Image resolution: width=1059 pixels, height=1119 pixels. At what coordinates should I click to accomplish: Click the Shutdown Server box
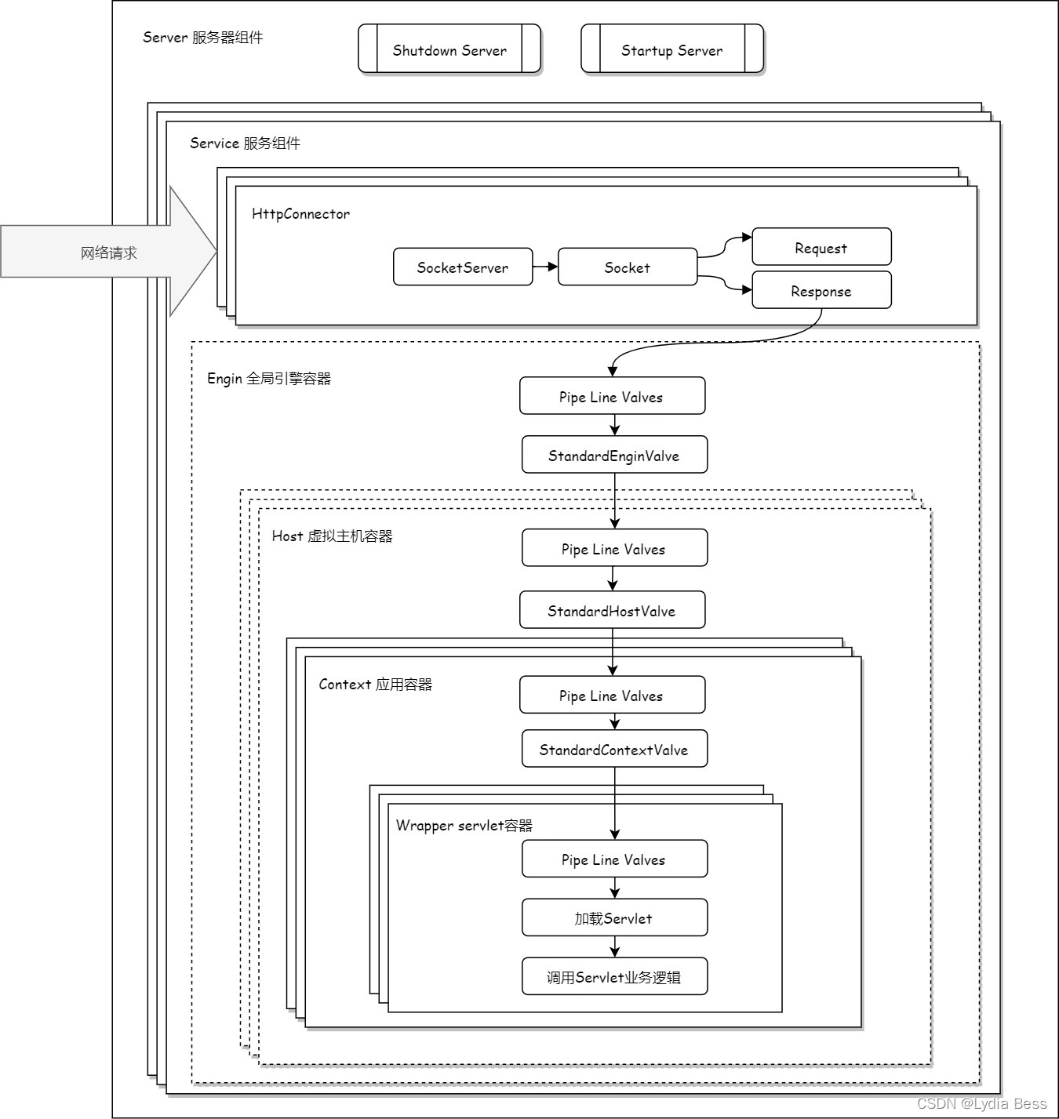click(x=449, y=49)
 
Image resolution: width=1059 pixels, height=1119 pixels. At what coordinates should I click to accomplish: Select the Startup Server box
click(x=672, y=49)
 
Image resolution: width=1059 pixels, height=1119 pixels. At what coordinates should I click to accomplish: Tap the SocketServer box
click(x=463, y=267)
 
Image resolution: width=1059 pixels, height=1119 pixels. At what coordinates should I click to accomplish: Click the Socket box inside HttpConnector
click(x=628, y=267)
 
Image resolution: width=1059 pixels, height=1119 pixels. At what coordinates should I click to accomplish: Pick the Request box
click(x=821, y=248)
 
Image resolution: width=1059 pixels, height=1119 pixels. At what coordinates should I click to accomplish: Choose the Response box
click(x=821, y=291)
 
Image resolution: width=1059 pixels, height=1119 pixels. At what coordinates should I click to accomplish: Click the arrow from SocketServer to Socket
click(x=545, y=267)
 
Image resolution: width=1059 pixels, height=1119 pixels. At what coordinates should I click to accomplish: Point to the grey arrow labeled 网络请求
click(x=108, y=253)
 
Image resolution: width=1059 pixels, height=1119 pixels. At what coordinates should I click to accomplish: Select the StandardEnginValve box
click(x=614, y=456)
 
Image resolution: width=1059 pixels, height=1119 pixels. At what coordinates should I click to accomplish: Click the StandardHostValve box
click(x=612, y=611)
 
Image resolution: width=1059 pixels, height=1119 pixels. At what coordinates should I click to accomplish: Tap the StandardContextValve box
click(x=614, y=750)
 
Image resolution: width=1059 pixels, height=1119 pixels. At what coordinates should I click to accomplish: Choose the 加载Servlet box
click(x=614, y=918)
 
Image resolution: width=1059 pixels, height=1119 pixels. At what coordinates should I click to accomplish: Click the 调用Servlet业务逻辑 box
click(x=614, y=977)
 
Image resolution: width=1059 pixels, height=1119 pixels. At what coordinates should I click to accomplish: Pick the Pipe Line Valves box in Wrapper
click(x=614, y=859)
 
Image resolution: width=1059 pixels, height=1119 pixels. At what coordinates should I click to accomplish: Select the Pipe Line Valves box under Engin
click(x=612, y=397)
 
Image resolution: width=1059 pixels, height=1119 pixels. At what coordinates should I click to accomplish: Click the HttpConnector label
click(x=300, y=214)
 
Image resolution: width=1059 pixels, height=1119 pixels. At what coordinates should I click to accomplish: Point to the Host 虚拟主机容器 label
click(x=332, y=536)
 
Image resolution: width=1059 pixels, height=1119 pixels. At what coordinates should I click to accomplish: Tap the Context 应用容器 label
click(x=375, y=685)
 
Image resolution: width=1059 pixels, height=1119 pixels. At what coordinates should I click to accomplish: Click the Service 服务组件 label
click(x=245, y=144)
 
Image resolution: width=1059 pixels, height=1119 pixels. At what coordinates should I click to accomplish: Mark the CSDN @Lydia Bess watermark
click(x=981, y=1103)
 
